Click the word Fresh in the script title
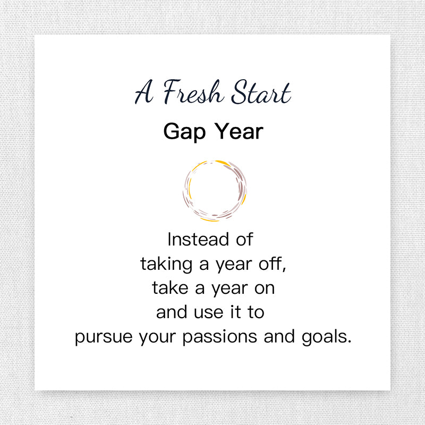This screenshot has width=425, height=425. coord(193,91)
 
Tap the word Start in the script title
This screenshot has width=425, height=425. coord(261,92)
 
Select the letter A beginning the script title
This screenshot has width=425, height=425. coord(144,92)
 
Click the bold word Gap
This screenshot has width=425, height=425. coord(184,132)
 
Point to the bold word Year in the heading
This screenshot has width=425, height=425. coord(239,131)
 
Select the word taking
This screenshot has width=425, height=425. coord(166,264)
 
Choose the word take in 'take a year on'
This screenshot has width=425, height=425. coord(170,288)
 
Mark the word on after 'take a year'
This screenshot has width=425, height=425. coord(265,288)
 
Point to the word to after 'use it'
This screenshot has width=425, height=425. coord(256,312)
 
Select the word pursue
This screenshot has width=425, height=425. coord(104,337)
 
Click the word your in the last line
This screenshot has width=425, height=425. coord(157,337)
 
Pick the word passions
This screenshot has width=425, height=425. coord(220,337)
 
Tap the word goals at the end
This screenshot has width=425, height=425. coord(324,337)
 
